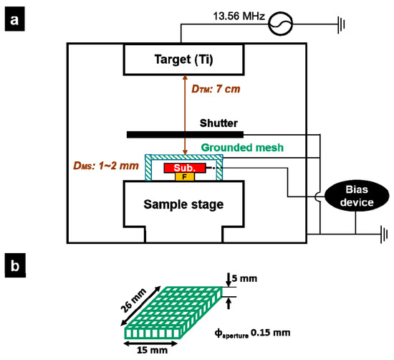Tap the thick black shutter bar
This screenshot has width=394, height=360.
click(185, 134)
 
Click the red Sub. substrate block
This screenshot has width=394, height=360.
click(186, 168)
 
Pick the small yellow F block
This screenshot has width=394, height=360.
click(185, 176)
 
